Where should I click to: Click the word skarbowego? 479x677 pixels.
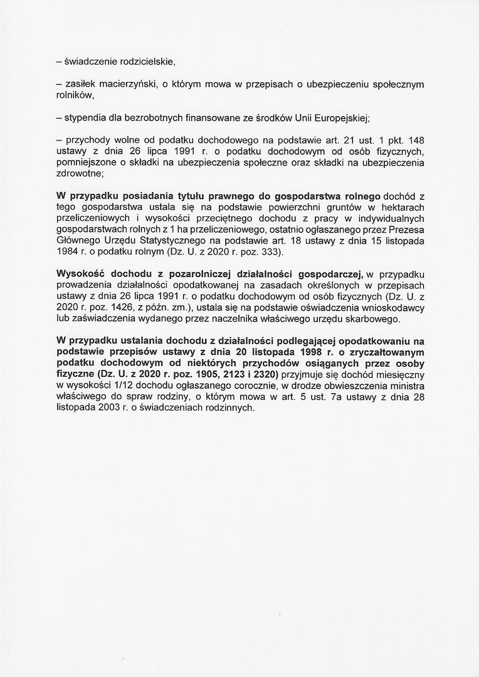point(371,320)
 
